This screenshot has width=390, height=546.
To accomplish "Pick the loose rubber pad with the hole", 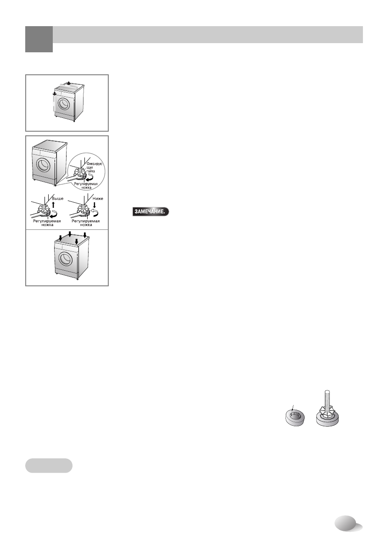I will click(295, 418).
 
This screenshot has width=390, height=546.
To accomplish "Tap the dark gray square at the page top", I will click(39, 39).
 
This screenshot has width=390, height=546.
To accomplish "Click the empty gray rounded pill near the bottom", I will click(49, 465).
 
